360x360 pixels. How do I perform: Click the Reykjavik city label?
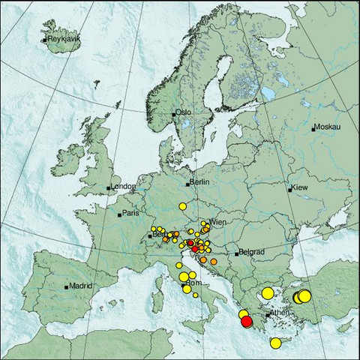(63, 39)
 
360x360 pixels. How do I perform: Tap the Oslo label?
(184, 112)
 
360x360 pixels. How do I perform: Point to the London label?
(122, 187)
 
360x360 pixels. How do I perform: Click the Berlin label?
(199, 182)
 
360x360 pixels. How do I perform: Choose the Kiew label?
(299, 187)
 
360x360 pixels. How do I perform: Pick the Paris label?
(132, 213)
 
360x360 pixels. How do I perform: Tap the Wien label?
(218, 222)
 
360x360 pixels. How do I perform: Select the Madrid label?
(79, 285)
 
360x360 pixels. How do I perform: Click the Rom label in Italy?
(194, 283)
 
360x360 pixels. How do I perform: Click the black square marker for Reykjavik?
(44, 39)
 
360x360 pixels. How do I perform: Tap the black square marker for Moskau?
(313, 128)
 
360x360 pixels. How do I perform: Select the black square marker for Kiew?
(290, 190)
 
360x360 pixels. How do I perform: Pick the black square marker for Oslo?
(174, 114)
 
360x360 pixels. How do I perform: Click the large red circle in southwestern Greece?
(247, 322)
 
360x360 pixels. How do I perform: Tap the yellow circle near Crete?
(275, 343)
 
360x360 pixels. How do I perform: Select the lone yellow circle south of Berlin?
(182, 205)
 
